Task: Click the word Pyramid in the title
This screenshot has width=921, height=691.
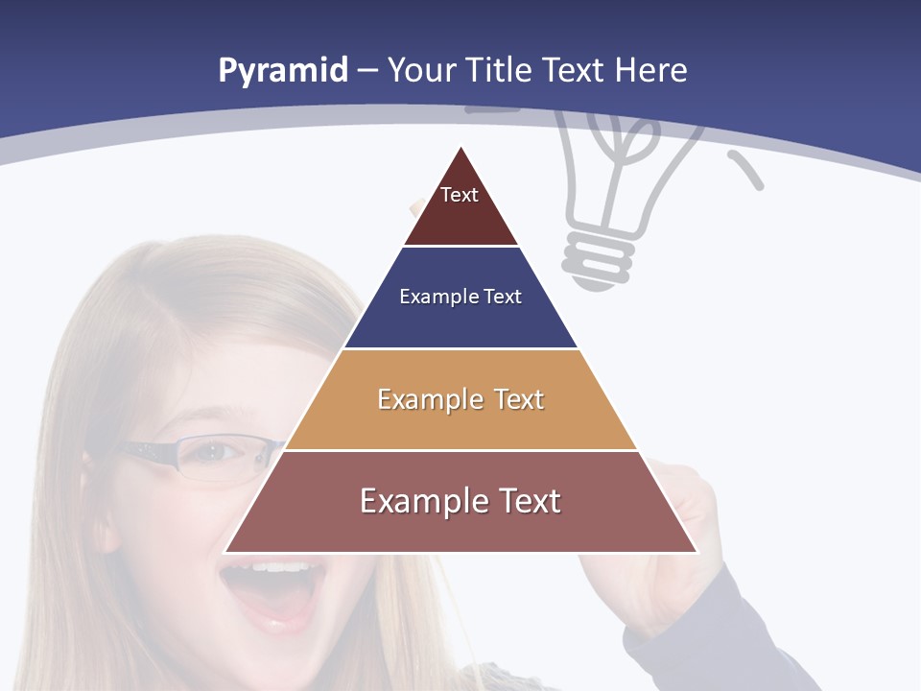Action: point(282,71)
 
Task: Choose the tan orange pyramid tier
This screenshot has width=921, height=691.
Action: point(460,422)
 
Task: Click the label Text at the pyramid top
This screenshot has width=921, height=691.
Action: point(460,195)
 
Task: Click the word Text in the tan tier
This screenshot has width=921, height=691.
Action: point(519,399)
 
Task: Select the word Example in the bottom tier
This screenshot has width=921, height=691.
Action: point(422,501)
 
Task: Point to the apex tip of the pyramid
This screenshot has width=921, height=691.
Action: point(461,150)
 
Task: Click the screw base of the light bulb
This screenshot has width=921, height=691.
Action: point(600,259)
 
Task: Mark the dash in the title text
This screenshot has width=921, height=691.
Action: point(367,71)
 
